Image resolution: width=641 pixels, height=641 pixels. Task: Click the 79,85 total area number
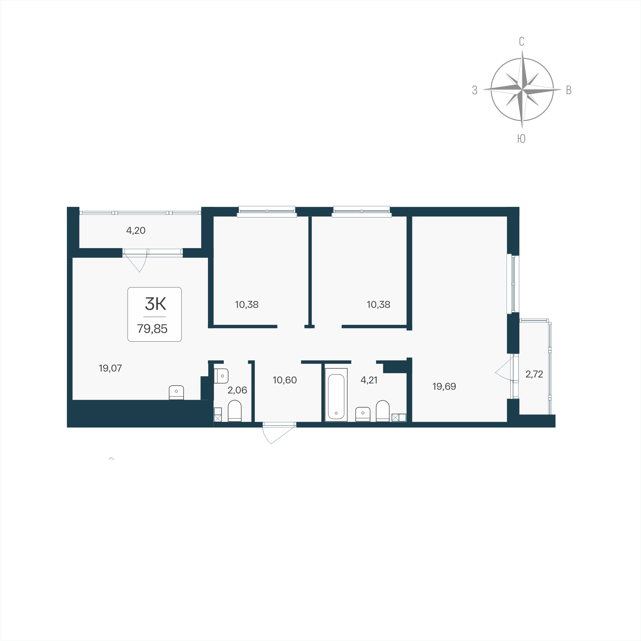152,329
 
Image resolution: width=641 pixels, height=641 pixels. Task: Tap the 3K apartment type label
156,304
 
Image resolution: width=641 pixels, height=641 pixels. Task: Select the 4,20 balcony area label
136,230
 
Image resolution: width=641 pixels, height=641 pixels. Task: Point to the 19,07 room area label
111,368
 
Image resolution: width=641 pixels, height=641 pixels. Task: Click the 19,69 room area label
444,386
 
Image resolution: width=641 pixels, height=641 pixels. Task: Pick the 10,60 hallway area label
285,380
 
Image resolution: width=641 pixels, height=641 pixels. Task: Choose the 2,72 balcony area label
534,374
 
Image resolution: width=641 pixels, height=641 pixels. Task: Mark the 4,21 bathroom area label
369,380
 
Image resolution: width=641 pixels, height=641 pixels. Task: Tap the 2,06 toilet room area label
237,390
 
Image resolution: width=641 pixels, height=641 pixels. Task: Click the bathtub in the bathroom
336,394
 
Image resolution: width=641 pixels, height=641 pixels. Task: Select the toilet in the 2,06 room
235,411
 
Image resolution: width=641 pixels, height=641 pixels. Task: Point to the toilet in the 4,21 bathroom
382,411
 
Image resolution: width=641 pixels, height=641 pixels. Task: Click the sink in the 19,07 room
176,393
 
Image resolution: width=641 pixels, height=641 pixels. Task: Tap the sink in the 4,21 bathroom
363,414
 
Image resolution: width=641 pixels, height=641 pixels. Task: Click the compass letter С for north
522,42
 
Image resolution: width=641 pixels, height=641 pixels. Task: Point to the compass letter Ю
521,139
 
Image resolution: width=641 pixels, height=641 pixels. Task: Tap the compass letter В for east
569,90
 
